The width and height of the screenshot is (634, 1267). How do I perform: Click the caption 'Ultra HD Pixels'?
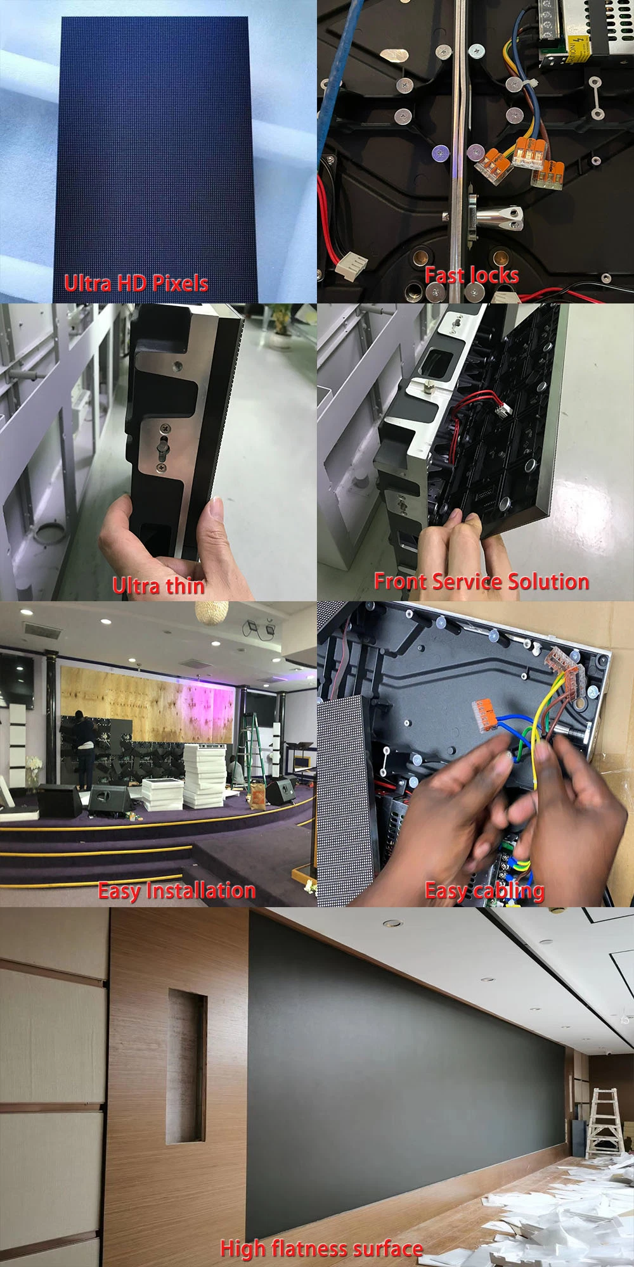tap(136, 283)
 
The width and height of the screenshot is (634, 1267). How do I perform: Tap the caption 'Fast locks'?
tap(471, 275)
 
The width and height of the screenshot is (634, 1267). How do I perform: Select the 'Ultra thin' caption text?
tap(158, 585)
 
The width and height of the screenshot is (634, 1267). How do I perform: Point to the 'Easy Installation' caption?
tap(176, 891)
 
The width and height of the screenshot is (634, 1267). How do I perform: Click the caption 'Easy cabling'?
tap(484, 891)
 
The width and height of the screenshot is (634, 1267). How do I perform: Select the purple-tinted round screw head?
tap(439, 153)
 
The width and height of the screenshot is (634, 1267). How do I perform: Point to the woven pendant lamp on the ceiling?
tap(211, 612)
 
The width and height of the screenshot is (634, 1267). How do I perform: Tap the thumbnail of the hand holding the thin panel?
tap(158, 452)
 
